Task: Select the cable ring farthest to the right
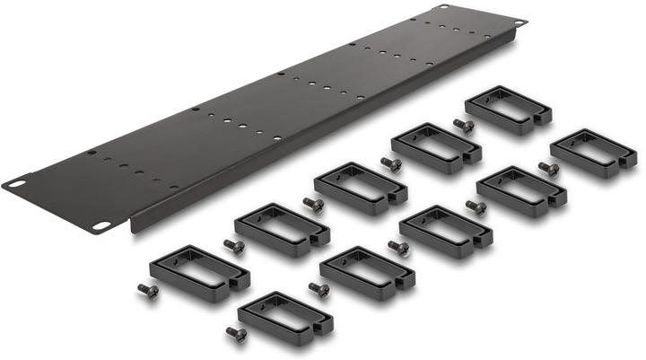pos(594,153)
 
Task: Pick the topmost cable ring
pos(508,110)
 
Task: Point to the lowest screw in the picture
pos(236,334)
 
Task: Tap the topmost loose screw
pos(463,125)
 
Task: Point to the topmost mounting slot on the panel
pos(441,7)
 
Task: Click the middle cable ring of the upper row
pos(360,187)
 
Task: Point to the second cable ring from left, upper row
pos(279,229)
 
